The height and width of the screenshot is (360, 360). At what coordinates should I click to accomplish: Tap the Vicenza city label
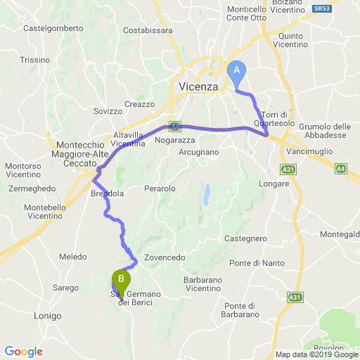click(194, 86)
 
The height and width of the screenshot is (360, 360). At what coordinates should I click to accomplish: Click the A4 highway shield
click(340, 169)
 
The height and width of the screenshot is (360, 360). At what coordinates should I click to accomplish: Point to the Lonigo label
click(49, 316)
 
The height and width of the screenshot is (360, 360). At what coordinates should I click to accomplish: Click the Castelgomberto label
click(53, 29)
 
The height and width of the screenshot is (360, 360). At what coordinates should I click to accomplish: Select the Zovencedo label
click(165, 258)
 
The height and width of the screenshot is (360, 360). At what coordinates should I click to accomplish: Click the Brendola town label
click(107, 193)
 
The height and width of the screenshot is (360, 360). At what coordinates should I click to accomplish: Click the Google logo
click(23, 352)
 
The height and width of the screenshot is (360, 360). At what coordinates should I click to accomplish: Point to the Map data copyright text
click(316, 354)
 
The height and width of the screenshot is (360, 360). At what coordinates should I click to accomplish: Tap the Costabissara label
click(147, 30)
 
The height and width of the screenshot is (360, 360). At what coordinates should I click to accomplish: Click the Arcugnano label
click(200, 151)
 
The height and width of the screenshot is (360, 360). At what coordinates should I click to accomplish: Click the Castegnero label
click(245, 238)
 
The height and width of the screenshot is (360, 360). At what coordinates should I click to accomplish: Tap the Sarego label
click(65, 288)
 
